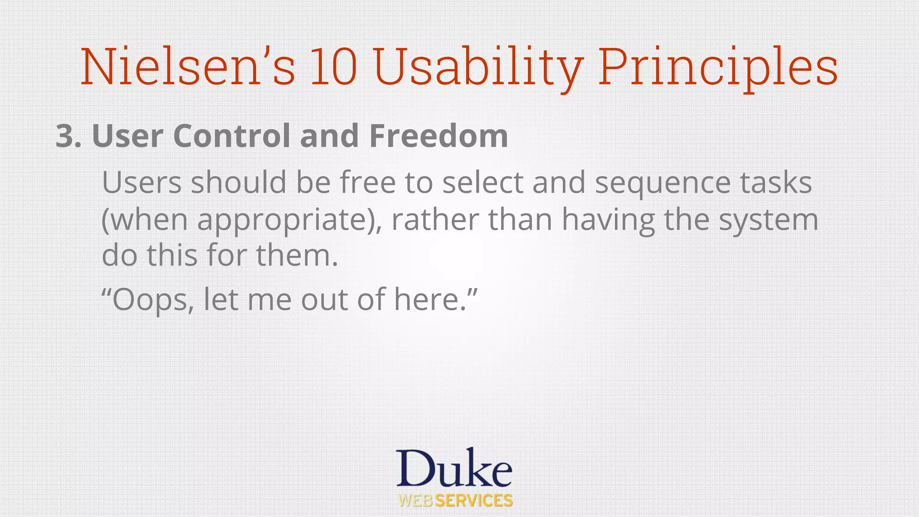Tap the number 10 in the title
(x=333, y=67)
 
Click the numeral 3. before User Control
(x=68, y=136)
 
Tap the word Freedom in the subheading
(x=438, y=136)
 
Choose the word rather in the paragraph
(x=435, y=220)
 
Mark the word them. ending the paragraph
(x=297, y=255)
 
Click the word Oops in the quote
(x=152, y=300)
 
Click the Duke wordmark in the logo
(x=454, y=468)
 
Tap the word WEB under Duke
(x=416, y=500)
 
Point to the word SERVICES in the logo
(x=474, y=500)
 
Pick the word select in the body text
(x=483, y=183)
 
